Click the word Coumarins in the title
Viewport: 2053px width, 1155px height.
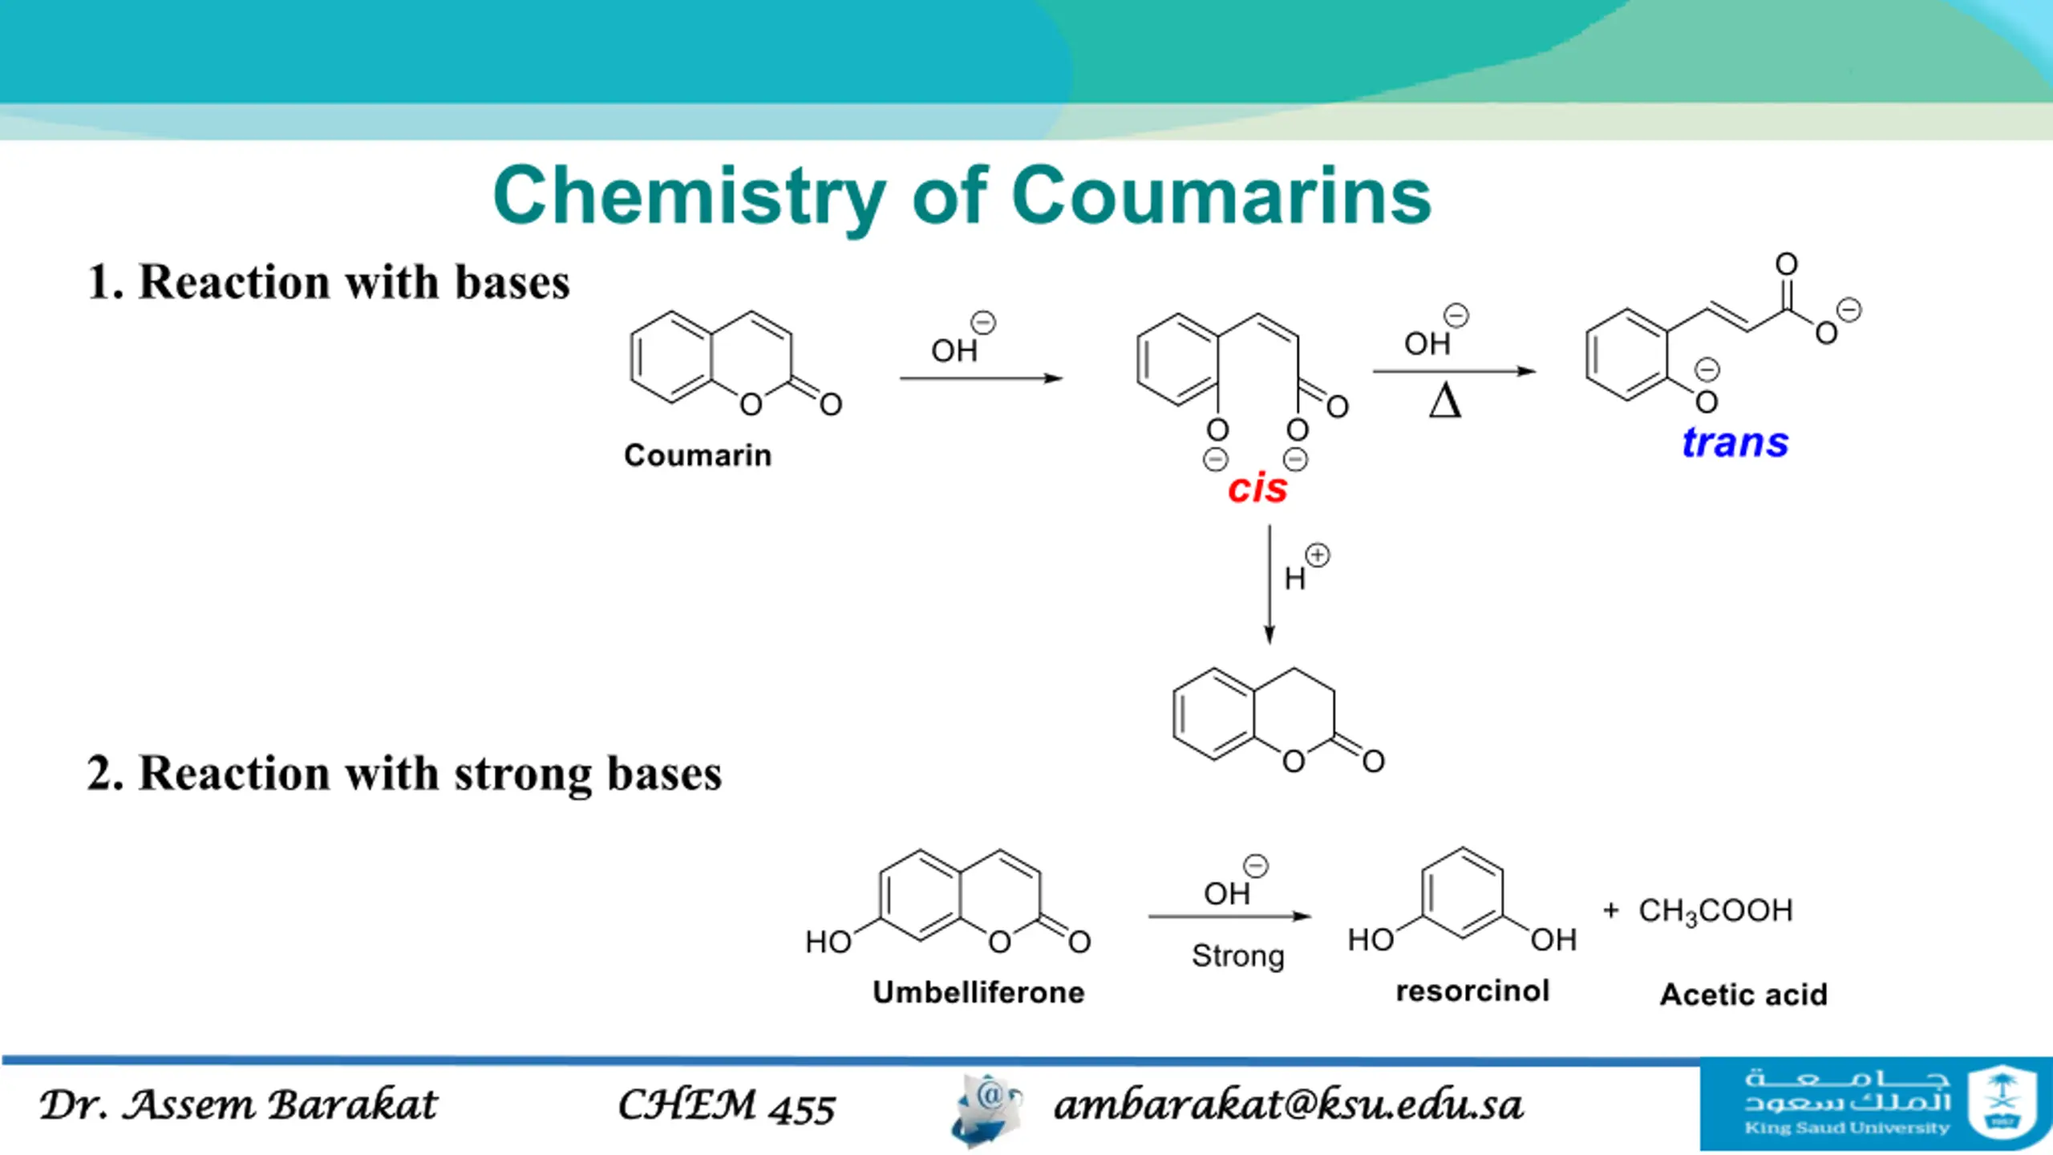coord(1221,195)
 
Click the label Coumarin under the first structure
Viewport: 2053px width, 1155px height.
coord(698,455)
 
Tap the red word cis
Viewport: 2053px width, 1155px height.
coord(1257,488)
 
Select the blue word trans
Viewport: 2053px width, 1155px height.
coord(1735,442)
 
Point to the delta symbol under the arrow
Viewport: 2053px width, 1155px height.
coord(1445,399)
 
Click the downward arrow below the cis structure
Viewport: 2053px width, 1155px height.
coord(1269,585)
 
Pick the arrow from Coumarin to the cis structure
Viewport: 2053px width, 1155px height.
coord(982,378)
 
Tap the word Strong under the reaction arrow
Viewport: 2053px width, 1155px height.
coord(1238,956)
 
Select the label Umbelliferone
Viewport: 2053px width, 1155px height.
coord(979,992)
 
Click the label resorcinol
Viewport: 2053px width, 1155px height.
coord(1472,991)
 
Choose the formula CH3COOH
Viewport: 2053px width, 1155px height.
coord(1715,911)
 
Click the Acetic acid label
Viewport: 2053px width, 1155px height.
coord(1743,995)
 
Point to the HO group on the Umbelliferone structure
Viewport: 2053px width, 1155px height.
coord(828,942)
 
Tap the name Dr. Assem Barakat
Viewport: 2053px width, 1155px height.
coord(239,1104)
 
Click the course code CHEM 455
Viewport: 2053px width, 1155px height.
coord(727,1105)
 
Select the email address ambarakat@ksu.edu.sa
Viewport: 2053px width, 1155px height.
coord(1288,1105)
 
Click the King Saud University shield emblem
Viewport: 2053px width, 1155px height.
coord(2002,1102)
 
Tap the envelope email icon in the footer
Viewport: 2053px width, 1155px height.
coord(987,1110)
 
